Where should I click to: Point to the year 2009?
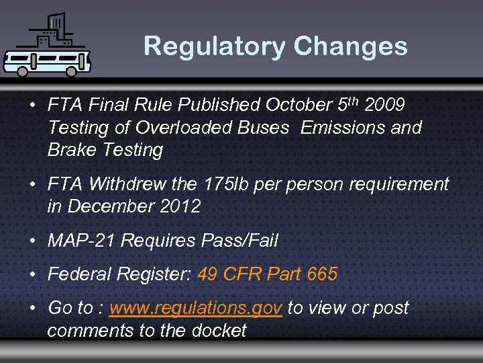385,106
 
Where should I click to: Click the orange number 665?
322,274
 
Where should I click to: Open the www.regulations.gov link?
195,309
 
